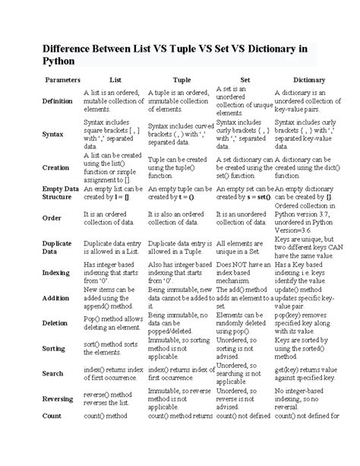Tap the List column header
coord(115,79)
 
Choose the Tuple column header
coord(182,79)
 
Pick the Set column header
coord(245,79)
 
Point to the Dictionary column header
coord(309,79)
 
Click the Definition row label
coord(58,100)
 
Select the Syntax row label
coord(52,133)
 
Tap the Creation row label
coord(55,166)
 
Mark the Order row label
coord(52,217)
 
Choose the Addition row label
coord(56,298)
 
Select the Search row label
coord(53,373)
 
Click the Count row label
coord(52,417)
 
